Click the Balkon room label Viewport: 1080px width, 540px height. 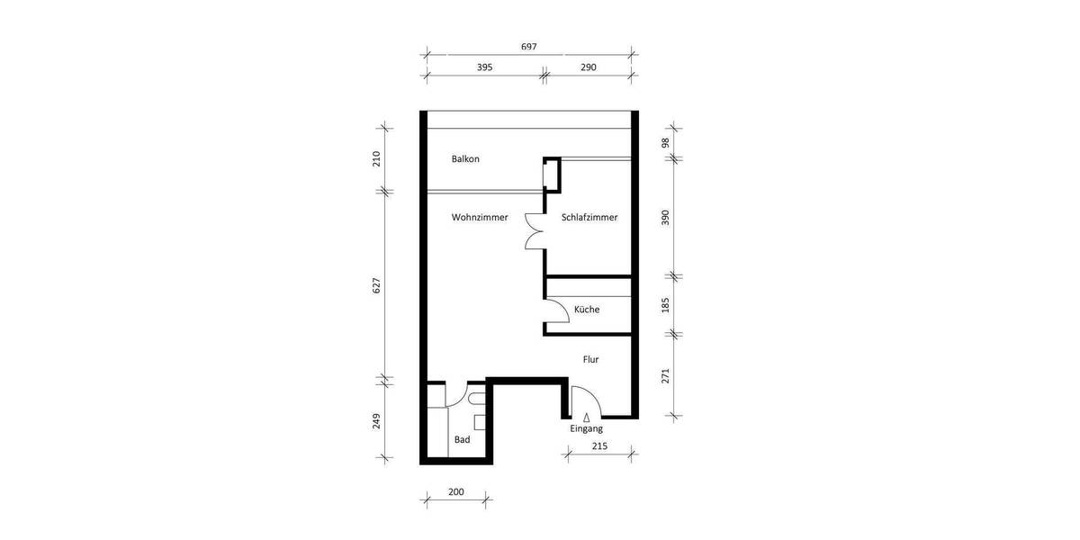tap(465, 159)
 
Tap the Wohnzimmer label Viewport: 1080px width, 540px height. tap(480, 218)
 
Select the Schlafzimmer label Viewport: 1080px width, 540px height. tap(589, 218)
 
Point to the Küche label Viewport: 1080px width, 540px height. tap(587, 310)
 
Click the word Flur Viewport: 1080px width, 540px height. tap(590, 359)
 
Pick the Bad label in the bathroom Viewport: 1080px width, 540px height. tap(462, 440)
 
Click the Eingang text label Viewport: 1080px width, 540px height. tap(586, 429)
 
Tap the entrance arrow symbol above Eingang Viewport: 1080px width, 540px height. tap(587, 418)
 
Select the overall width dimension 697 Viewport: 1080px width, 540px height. tap(529, 47)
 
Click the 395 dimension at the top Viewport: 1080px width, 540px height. tap(484, 67)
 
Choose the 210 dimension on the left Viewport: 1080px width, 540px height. tap(377, 159)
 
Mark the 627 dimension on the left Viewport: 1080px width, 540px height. tap(377, 284)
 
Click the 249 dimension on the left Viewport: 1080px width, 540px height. tap(377, 421)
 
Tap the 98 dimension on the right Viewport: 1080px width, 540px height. tap(666, 142)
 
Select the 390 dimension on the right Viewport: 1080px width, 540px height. tap(666, 218)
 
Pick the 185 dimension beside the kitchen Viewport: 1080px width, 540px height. tap(666, 305)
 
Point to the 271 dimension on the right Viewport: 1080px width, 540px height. tap(666, 375)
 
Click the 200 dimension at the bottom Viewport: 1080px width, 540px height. tap(455, 492)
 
